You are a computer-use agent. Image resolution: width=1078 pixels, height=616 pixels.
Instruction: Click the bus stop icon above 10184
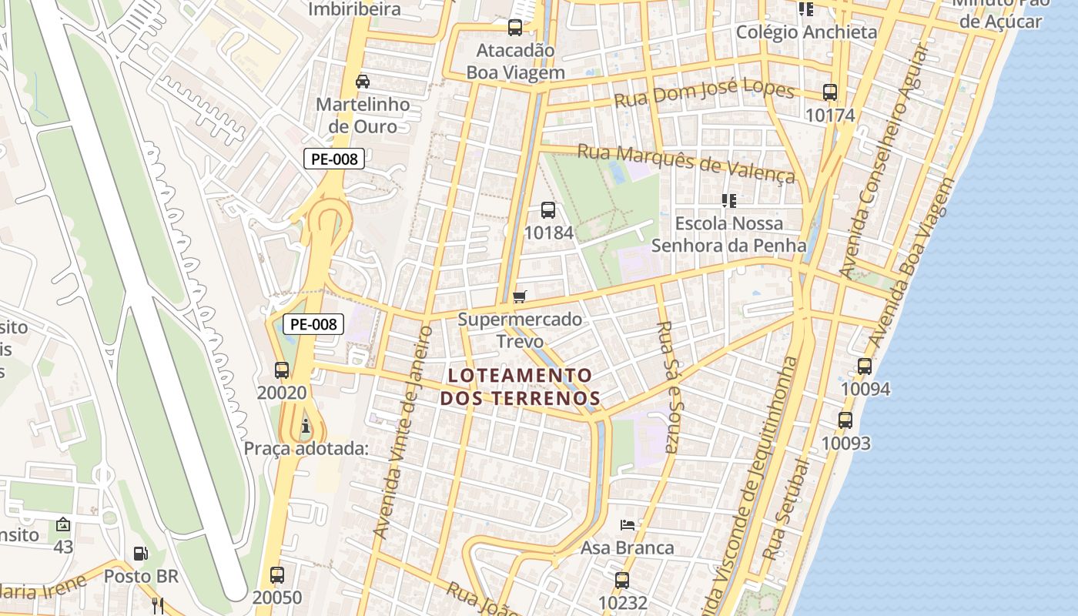point(548,209)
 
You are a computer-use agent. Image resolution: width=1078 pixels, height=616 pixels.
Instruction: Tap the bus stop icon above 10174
point(830,92)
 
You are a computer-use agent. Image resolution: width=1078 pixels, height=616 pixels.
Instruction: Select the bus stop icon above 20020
point(282,370)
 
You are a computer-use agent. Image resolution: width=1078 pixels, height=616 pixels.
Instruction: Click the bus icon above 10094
point(865,367)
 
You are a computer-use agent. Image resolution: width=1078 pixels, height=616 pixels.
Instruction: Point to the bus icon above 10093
point(845,420)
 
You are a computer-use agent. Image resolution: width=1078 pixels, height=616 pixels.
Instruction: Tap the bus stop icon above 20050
point(277,574)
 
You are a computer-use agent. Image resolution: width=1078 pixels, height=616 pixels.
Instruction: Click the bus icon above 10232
point(622,580)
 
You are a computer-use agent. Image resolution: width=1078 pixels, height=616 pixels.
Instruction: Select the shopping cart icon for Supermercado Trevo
point(520,296)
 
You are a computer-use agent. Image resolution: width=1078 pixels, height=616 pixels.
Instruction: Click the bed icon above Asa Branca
point(628,525)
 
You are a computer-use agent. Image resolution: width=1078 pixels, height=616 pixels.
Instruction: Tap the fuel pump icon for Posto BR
point(141,553)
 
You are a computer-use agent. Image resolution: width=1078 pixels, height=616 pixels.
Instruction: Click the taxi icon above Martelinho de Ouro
point(363,81)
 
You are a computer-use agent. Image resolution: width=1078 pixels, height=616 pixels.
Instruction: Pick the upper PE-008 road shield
point(333,159)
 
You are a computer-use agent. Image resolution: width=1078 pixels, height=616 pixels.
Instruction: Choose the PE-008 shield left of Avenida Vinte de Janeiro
point(313,324)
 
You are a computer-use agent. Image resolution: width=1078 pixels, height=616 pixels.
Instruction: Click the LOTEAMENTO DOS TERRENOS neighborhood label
point(520,387)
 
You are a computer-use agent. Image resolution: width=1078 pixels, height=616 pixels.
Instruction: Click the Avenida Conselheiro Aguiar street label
point(884,162)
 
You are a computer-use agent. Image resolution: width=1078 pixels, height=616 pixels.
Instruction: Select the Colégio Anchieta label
point(806,32)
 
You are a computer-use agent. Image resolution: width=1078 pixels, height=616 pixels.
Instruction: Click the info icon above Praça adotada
point(306,426)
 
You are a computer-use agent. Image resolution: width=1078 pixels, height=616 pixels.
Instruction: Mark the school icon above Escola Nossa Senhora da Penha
point(729,201)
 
